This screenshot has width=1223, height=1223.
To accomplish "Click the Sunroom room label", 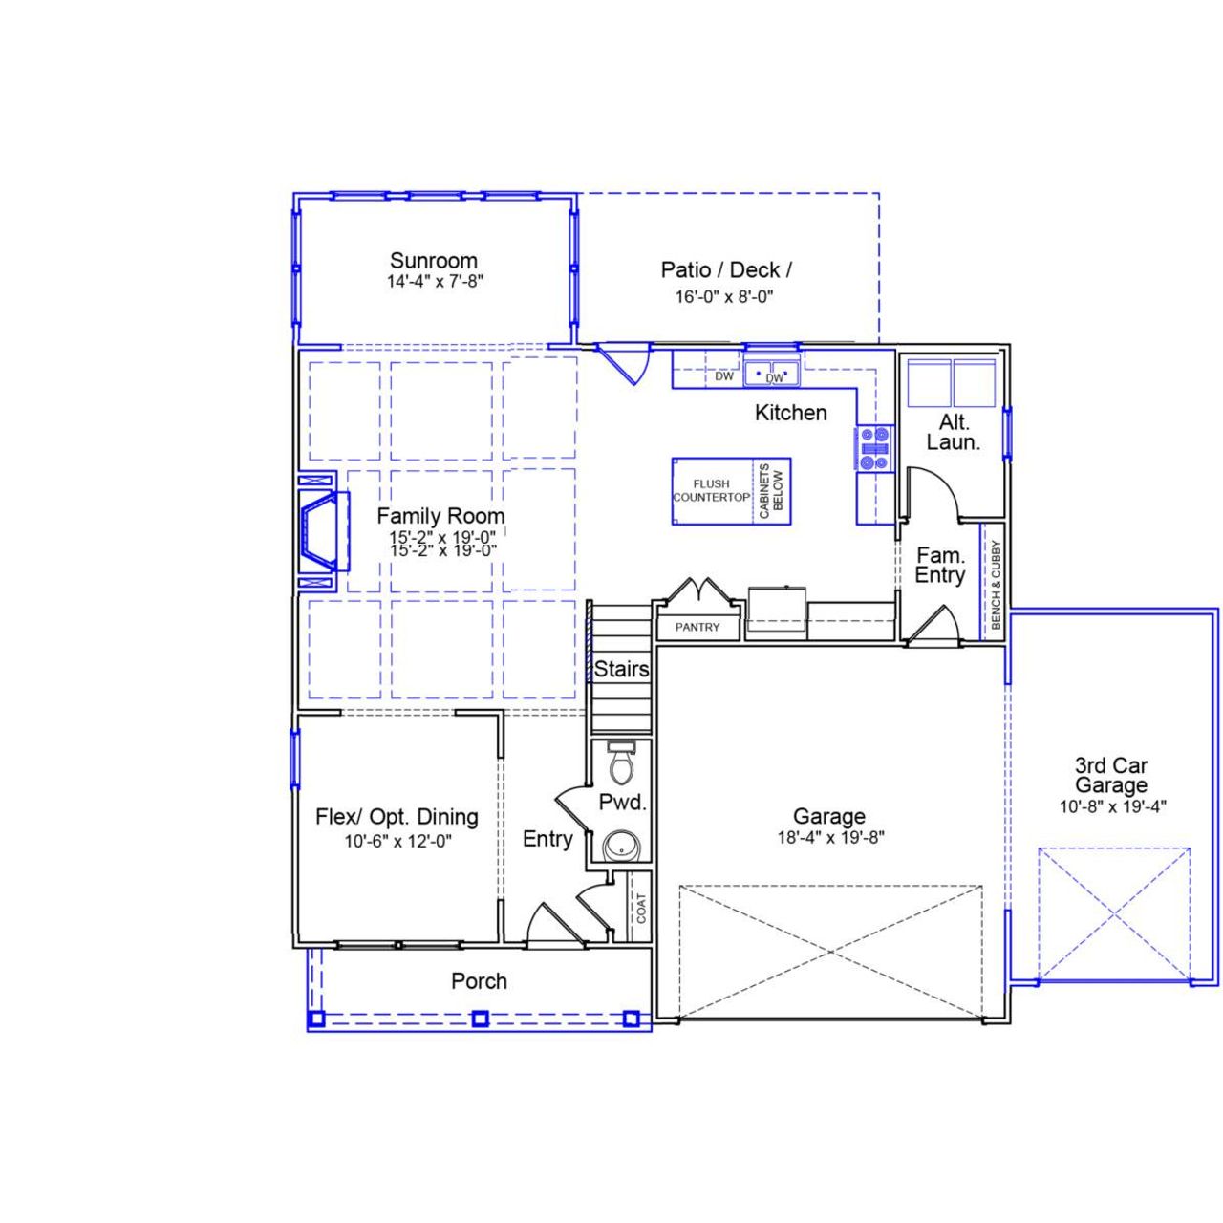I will click(433, 261).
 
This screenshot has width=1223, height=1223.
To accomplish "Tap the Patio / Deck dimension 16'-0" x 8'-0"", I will click(723, 296).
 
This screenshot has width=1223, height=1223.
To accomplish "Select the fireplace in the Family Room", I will click(319, 530).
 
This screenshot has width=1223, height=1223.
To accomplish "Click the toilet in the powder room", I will click(622, 762).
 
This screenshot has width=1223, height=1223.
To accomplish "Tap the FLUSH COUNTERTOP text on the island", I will click(711, 491).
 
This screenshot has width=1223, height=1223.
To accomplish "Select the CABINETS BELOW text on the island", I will click(771, 491).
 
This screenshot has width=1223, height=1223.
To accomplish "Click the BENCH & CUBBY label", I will click(995, 584).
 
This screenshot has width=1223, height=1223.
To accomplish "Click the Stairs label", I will click(621, 670).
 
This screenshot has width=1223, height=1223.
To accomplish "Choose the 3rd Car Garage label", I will click(1110, 775).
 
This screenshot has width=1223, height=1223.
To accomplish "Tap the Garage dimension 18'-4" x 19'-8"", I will click(828, 838).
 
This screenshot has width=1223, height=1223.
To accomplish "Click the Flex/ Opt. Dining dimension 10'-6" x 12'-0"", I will click(397, 842).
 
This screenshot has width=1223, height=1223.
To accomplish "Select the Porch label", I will click(479, 981).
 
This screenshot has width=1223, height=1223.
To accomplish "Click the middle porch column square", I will click(479, 1019).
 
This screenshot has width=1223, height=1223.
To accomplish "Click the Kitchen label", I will click(790, 413).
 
